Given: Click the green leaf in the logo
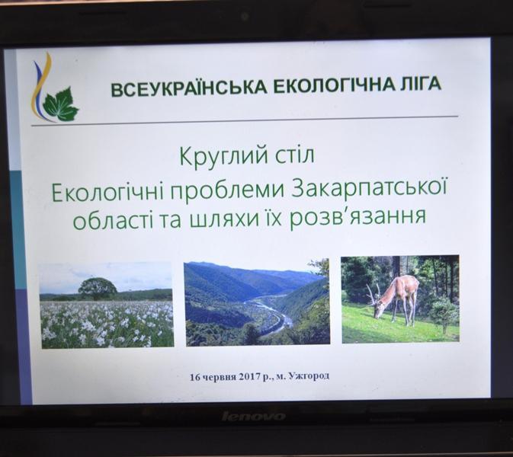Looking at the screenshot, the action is (x=61, y=104).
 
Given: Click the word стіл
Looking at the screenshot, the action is (x=293, y=155).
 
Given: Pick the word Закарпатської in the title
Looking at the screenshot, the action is (x=369, y=190).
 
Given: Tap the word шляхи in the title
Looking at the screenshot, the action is (x=220, y=219).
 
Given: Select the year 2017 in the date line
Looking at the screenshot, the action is (x=249, y=377).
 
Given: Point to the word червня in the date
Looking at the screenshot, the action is (x=219, y=377).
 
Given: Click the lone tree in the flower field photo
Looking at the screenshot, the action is (x=98, y=289).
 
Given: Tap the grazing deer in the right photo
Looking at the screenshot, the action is (x=395, y=299).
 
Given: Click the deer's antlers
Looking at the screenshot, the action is (x=373, y=293).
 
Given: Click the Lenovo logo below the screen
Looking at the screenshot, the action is (x=254, y=416).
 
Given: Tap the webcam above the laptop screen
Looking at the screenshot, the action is (x=245, y=16).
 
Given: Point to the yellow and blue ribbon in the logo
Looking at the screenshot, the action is (x=41, y=87).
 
